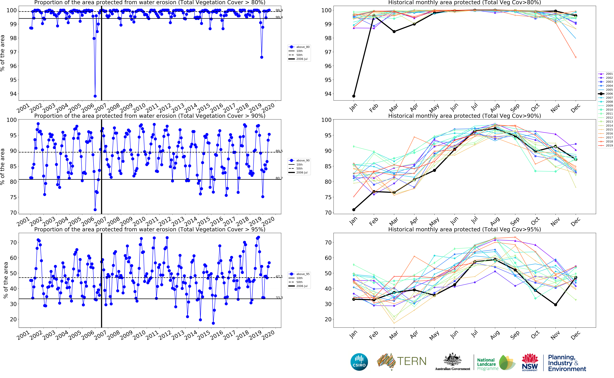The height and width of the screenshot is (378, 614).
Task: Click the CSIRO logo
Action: [x=359, y=362]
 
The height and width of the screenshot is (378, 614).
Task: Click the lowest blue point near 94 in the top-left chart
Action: [x=95, y=96]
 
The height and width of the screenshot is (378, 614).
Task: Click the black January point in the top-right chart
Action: [x=354, y=96]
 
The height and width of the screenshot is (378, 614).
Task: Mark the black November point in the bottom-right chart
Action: [x=556, y=305]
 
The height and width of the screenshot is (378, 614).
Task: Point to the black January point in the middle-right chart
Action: [x=354, y=209]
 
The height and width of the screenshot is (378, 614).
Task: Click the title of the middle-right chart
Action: [x=464, y=116]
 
